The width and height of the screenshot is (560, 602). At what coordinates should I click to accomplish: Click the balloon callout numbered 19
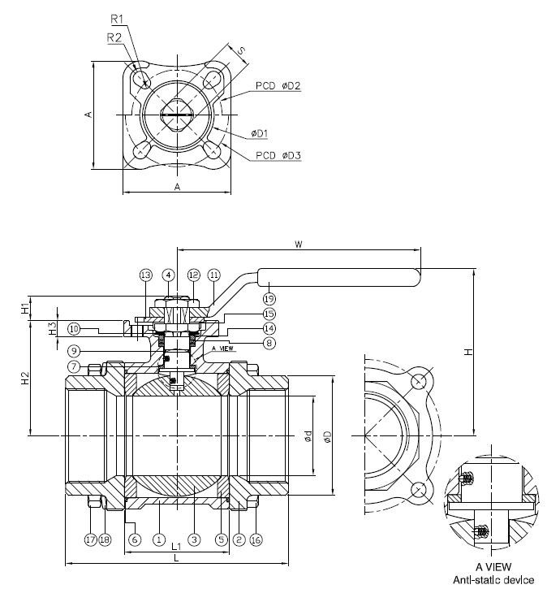(x=269, y=299)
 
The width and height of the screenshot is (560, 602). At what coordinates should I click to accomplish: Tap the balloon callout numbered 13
(x=145, y=275)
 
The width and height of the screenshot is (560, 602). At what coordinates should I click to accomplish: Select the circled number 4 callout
(x=169, y=275)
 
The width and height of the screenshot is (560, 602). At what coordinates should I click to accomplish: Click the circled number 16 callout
(x=256, y=539)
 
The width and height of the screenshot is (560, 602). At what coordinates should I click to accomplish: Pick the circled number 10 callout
(x=74, y=329)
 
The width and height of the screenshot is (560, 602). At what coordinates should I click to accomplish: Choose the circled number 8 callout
(x=269, y=343)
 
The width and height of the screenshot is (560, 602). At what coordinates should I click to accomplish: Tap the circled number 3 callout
(x=193, y=539)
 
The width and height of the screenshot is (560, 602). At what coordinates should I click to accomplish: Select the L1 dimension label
(x=177, y=549)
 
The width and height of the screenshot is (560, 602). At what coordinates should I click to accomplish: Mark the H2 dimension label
(x=24, y=378)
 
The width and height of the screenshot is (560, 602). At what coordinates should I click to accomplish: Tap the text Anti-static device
(x=494, y=579)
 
